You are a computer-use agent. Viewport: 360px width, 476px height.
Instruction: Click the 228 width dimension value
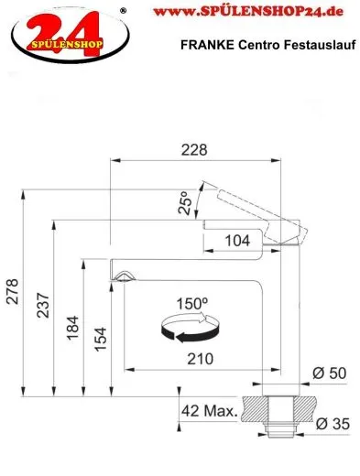[x=194, y=149]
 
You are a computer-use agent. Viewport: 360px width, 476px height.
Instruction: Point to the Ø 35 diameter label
[x=327, y=424]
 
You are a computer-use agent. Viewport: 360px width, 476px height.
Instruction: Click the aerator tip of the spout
[x=125, y=276]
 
